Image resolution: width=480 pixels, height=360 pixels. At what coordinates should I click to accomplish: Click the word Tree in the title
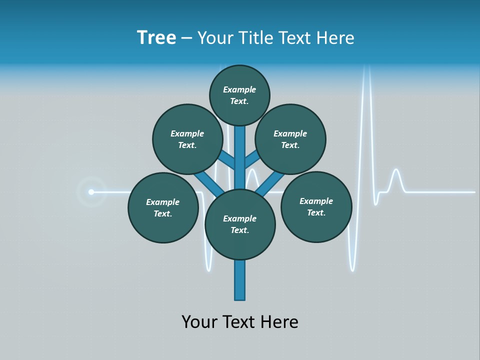coord(156,38)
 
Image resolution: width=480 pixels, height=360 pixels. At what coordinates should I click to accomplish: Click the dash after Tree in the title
coord(186,38)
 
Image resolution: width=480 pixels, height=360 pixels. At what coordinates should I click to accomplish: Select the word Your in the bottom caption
coord(199,322)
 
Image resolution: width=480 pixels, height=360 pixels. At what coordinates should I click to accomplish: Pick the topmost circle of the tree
coord(239,95)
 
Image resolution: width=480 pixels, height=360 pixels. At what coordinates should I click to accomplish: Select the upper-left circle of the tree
coord(187,139)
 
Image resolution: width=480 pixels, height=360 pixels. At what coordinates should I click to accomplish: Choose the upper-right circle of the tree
coord(290,139)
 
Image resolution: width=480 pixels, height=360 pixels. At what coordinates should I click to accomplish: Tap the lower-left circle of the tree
coord(163,208)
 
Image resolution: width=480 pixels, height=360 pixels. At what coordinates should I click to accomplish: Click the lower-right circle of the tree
coord(316,207)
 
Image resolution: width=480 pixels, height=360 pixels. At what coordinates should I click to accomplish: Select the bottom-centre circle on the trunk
coord(240,224)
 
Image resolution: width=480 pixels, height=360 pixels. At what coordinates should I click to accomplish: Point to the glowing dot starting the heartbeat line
coord(91,192)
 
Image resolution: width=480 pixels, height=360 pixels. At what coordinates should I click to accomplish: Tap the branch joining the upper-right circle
coord(251,160)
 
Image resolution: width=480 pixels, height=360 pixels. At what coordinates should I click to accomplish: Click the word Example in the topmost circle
coord(239,90)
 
